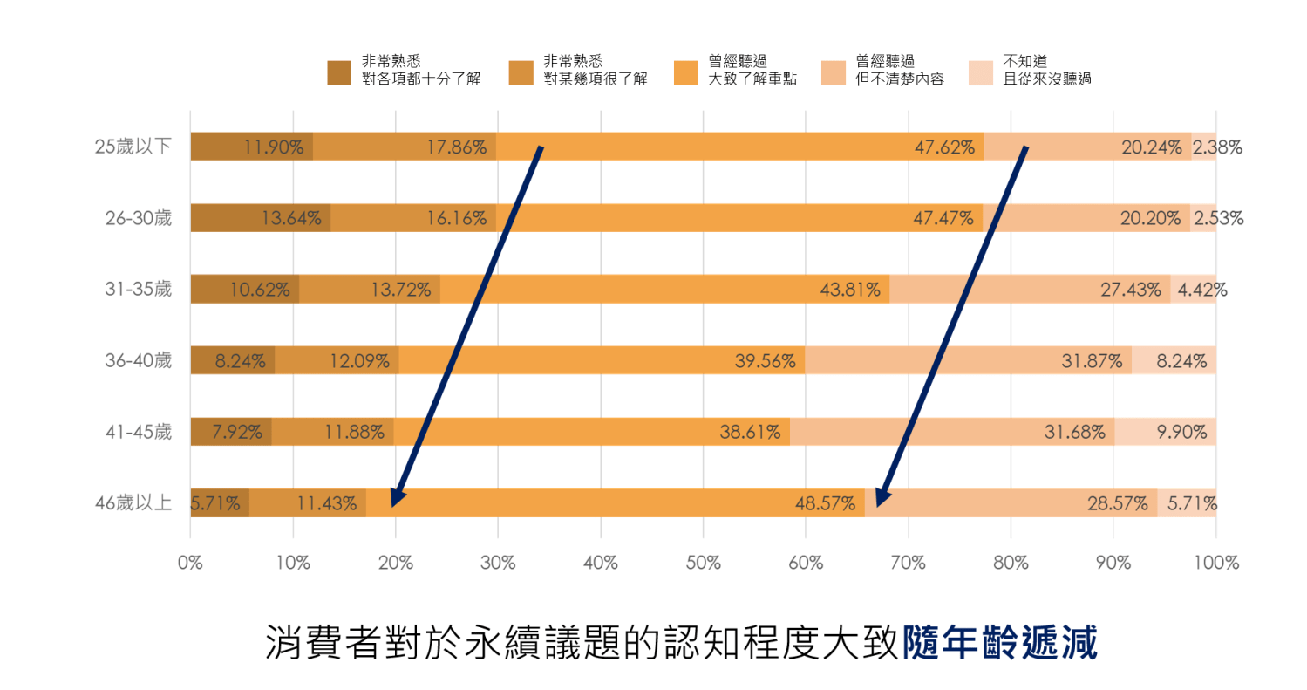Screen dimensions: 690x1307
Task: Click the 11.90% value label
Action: pyautogui.click(x=274, y=147)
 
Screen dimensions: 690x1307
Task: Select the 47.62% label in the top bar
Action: pyautogui.click(x=944, y=147)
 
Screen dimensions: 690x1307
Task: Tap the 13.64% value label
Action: pyautogui.click(x=291, y=219)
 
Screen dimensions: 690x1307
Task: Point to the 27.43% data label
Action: pyautogui.click(x=1130, y=290)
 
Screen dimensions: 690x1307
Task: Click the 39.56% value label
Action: pyautogui.click(x=765, y=360)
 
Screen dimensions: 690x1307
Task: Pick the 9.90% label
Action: pyautogui.click(x=1181, y=432)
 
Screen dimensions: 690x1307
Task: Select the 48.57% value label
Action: pyautogui.click(x=825, y=503)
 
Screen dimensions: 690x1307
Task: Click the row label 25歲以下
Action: pyautogui.click(x=133, y=147)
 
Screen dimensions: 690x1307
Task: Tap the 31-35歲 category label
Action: pyautogui.click(x=139, y=290)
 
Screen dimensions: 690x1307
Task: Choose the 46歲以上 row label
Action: pyautogui.click(x=133, y=503)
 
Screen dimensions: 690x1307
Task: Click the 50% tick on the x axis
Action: pyautogui.click(x=703, y=563)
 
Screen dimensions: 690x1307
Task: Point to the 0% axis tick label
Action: pyautogui.click(x=190, y=563)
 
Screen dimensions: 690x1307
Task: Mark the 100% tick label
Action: pyautogui.click(x=1216, y=563)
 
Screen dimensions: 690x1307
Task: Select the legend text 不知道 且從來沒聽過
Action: pyautogui.click(x=1047, y=71)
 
